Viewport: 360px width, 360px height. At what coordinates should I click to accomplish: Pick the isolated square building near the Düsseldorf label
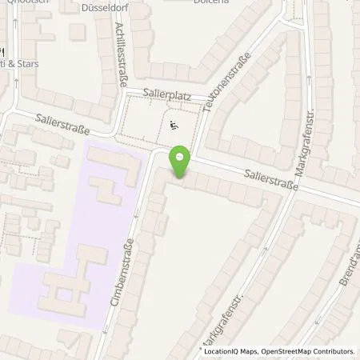77,31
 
